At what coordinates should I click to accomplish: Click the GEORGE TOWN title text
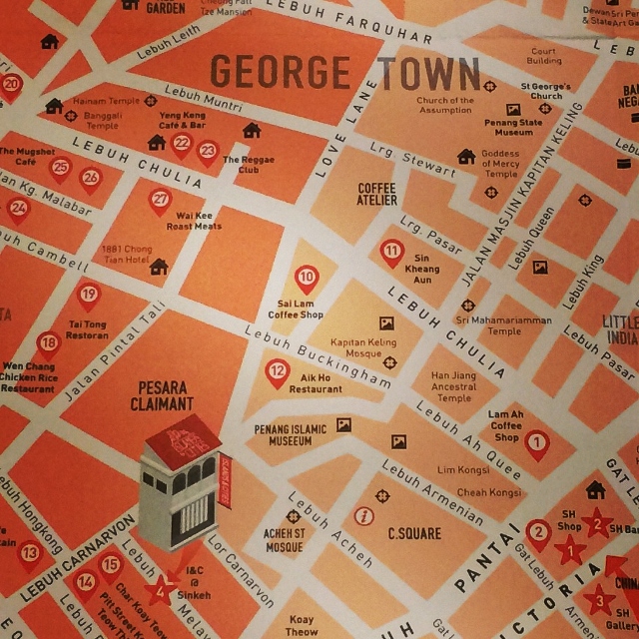coord(345,72)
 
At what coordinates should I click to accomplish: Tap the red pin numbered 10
coord(308,277)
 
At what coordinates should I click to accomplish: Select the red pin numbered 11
coord(392,251)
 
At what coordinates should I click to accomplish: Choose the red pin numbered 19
coord(88,295)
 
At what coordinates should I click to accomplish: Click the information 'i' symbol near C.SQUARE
coord(364,516)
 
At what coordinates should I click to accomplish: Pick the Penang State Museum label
coord(514,128)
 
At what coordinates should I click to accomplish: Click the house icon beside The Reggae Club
coord(252,131)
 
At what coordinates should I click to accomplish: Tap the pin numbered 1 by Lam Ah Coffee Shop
coord(537,441)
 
